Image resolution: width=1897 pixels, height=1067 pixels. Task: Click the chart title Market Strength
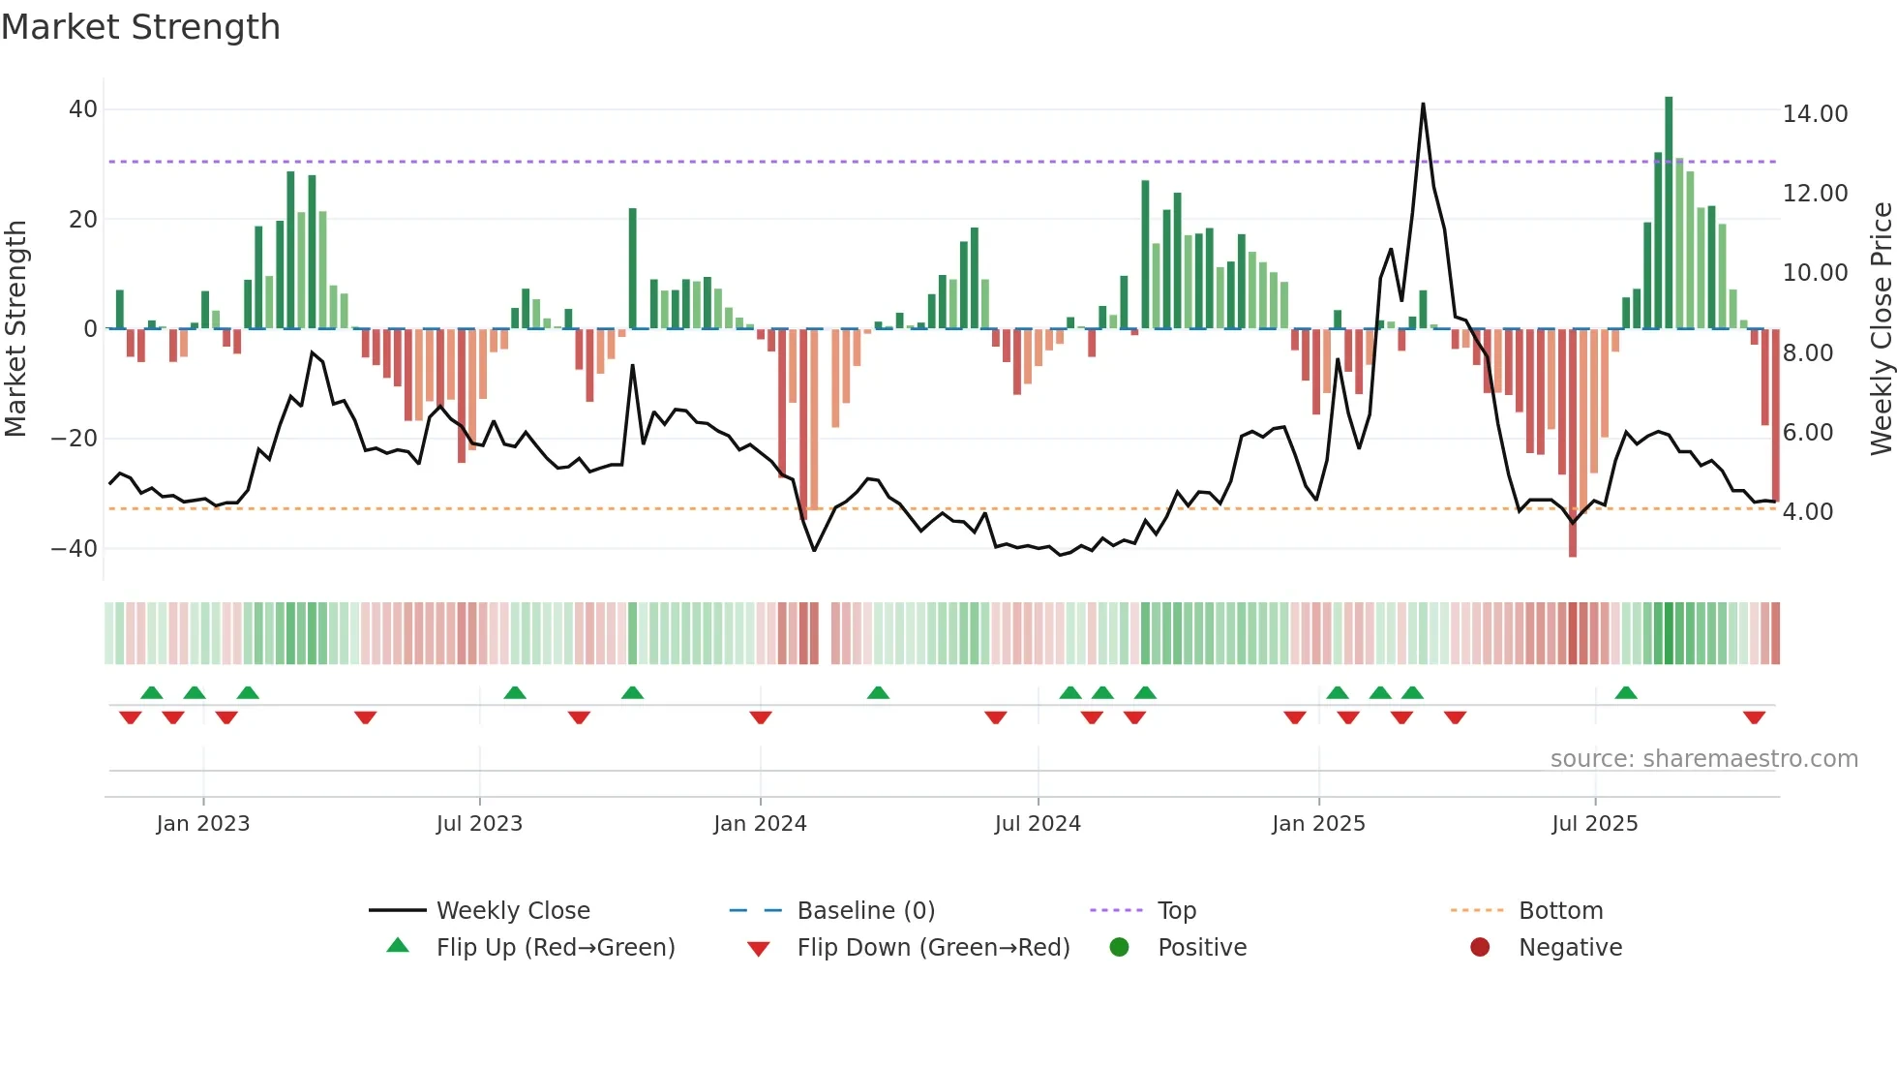pos(140,27)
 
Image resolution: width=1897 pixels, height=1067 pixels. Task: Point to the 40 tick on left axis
pos(83,109)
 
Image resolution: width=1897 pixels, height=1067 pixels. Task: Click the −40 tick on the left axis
pos(75,549)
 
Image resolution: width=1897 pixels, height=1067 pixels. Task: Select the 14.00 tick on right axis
pos(1815,114)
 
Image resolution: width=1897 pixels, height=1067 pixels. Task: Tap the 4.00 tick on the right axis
pos(1807,512)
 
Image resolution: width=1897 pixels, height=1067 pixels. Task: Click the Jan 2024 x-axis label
pos(760,824)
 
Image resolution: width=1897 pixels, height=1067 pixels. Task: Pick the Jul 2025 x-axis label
pos(1594,824)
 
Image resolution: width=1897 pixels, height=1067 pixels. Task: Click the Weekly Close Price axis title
pos(1881,329)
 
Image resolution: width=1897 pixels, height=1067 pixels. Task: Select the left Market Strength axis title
pos(15,329)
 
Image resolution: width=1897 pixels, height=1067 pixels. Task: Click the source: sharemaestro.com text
pos(1703,759)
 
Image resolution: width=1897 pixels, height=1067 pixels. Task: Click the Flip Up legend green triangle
pos(398,946)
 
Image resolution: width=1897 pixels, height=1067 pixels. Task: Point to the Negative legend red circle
pos(1480,947)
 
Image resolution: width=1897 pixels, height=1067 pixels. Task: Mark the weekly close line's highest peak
pos(1423,105)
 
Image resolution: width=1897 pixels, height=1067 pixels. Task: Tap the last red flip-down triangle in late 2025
pos(1754,717)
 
